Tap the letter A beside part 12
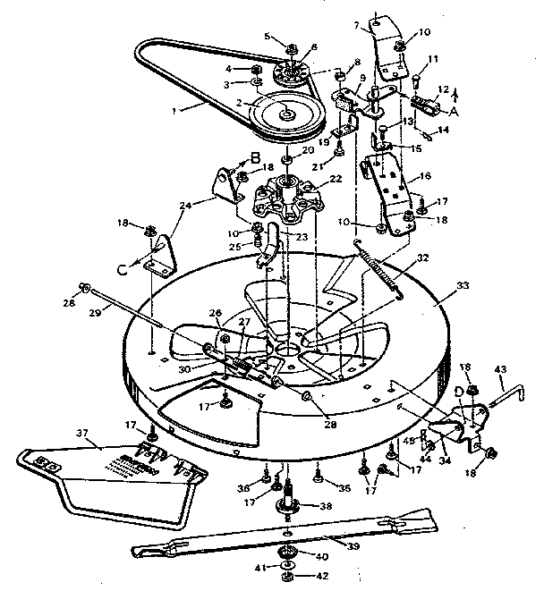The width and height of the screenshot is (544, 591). tap(454, 111)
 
